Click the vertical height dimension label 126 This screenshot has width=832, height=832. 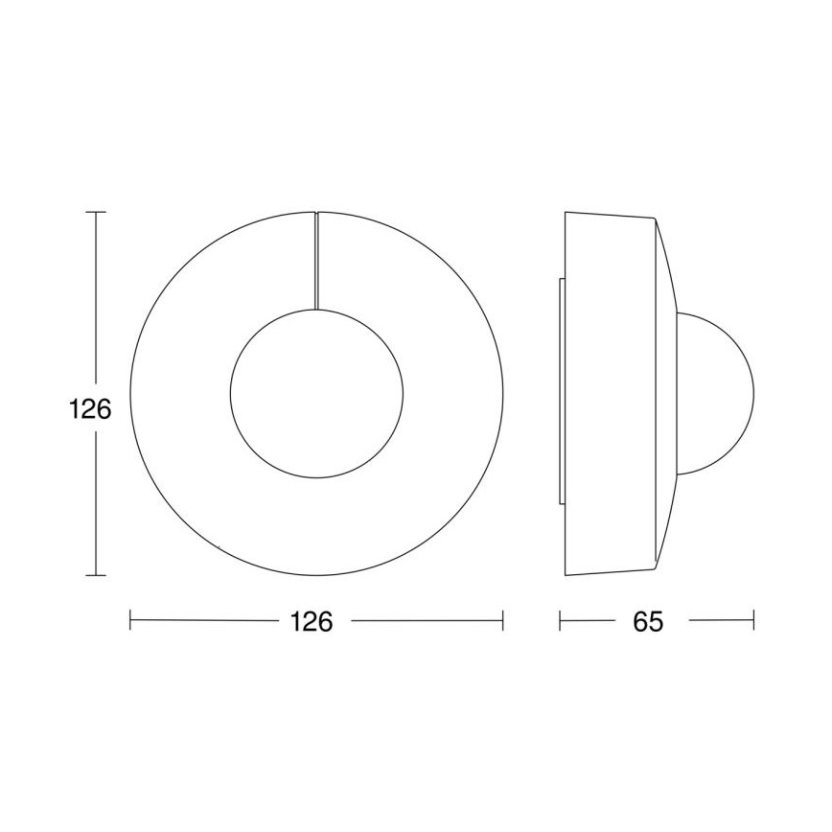[91, 409]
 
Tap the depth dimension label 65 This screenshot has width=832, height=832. [648, 621]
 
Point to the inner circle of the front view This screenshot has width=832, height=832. [316, 393]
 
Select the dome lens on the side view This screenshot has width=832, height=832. [717, 393]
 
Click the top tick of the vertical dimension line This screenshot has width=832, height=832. [95, 211]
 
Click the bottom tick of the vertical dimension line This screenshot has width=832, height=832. [95, 575]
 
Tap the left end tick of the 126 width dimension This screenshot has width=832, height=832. [130, 621]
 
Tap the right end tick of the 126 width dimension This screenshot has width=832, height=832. [503, 621]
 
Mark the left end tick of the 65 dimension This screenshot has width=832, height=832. [560, 621]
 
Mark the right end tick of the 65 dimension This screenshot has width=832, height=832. [754, 621]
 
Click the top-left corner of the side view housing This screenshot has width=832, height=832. [566, 211]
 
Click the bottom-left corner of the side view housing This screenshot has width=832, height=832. [566, 575]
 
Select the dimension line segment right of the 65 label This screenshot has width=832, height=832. [721, 621]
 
